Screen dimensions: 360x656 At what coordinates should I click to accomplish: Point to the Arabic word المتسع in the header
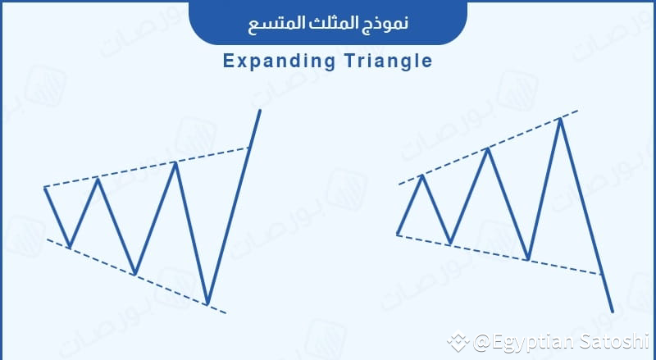click(x=274, y=22)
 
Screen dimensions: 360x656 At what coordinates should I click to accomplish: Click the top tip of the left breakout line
click(x=260, y=110)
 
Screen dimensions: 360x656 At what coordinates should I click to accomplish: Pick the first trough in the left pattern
click(x=70, y=246)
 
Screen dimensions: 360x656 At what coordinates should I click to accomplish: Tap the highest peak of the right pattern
click(x=560, y=119)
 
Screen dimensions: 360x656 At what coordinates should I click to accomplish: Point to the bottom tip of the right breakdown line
click(x=613, y=311)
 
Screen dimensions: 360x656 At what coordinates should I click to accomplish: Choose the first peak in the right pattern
click(x=422, y=175)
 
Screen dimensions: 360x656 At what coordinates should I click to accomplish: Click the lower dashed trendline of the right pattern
click(x=492, y=253)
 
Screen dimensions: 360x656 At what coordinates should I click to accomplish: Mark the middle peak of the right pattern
click(x=489, y=148)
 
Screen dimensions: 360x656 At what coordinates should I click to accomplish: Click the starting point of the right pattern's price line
click(x=397, y=235)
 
